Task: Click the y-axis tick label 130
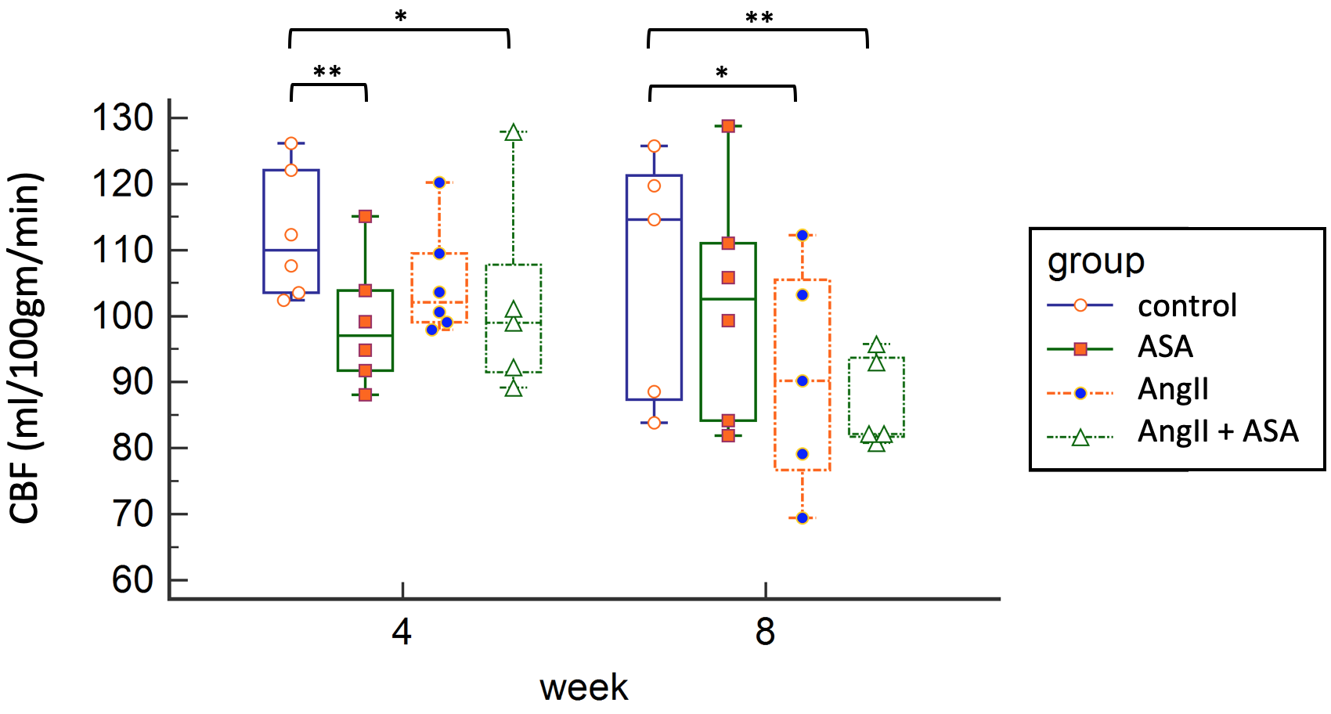coord(123,118)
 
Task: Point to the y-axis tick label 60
coord(132,580)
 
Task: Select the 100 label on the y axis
coord(123,316)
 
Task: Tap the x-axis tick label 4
coord(402,632)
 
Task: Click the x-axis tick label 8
coord(765,632)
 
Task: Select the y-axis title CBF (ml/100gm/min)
coord(25,348)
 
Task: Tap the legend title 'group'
coord(1096,261)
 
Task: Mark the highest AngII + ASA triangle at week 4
coord(514,132)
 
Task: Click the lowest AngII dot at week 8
coord(803,517)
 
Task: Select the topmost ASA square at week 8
coord(728,126)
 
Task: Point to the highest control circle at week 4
coord(291,143)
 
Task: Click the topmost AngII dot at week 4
coord(439,182)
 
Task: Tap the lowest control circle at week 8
coord(655,423)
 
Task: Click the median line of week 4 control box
coord(291,250)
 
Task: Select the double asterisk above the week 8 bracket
coord(759,17)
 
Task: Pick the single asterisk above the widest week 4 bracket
coord(401,16)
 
